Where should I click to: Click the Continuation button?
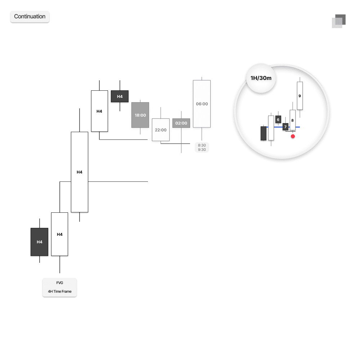point(30,17)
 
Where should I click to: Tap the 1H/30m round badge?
point(261,78)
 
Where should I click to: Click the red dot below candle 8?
point(293,136)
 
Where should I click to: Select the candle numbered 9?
point(300,96)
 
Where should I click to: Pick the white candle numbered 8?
point(292,120)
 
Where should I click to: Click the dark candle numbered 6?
point(278,120)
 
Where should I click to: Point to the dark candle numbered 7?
point(285,127)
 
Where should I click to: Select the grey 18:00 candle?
point(140,115)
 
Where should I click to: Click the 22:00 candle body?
point(161,130)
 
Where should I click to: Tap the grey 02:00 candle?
point(181,123)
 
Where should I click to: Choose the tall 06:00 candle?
point(202,104)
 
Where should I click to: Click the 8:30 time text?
point(202,145)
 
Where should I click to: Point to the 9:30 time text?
point(202,150)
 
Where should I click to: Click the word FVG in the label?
point(60,283)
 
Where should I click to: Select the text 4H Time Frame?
point(60,292)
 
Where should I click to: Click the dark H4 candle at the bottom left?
point(40,242)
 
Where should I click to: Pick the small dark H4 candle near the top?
point(120,96)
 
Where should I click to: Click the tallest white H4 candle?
point(80,172)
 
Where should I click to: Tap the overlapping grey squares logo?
point(339,21)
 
